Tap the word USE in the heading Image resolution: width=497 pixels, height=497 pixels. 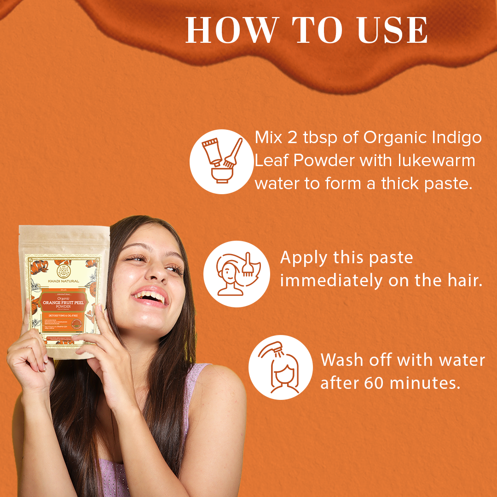(x=392, y=31)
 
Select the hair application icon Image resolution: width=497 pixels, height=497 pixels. (x=237, y=273)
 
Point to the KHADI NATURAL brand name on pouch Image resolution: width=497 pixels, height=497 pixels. (x=63, y=281)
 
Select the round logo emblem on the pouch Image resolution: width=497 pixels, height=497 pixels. (x=63, y=267)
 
